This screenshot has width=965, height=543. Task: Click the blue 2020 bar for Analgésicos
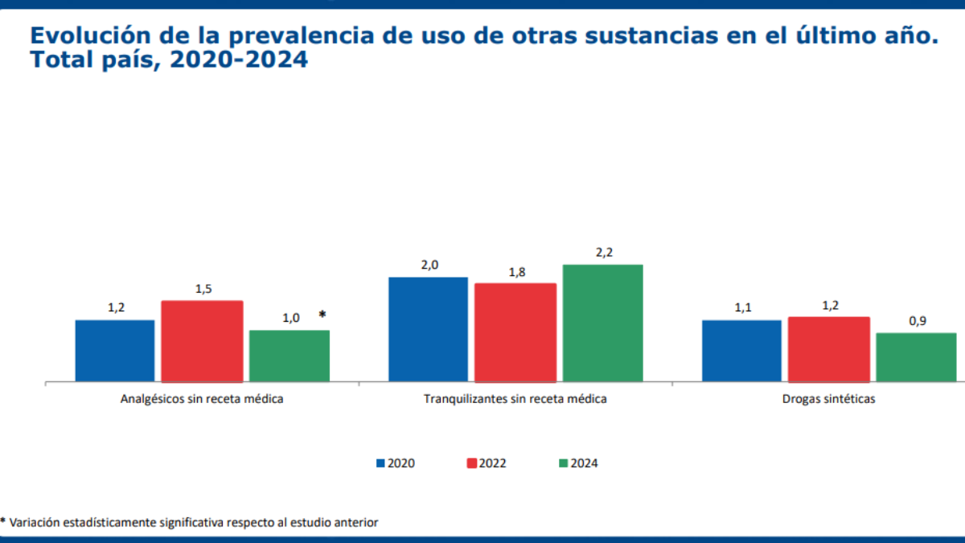(x=115, y=350)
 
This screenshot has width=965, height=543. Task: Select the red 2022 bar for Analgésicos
(x=202, y=340)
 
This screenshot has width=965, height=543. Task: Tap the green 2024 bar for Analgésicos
(x=289, y=355)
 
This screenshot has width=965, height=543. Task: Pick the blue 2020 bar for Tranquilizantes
(x=428, y=328)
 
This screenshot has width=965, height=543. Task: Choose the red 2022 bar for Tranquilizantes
(x=515, y=331)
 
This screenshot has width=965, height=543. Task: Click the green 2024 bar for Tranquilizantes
(x=602, y=322)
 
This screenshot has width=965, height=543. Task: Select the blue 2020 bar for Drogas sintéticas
(x=741, y=350)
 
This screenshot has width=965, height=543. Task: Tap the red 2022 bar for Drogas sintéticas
(x=828, y=348)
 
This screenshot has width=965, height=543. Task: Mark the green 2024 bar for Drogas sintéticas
(x=916, y=356)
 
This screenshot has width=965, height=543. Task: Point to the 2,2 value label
(x=604, y=253)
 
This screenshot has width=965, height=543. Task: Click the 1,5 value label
(x=203, y=289)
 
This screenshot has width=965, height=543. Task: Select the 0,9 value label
(x=918, y=321)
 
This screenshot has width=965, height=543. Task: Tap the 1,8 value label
(x=516, y=272)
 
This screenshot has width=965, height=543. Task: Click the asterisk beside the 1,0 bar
(x=322, y=315)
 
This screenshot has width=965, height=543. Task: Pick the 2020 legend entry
(x=396, y=463)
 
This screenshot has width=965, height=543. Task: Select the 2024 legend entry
(x=578, y=463)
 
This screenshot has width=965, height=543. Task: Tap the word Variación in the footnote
(x=35, y=523)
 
